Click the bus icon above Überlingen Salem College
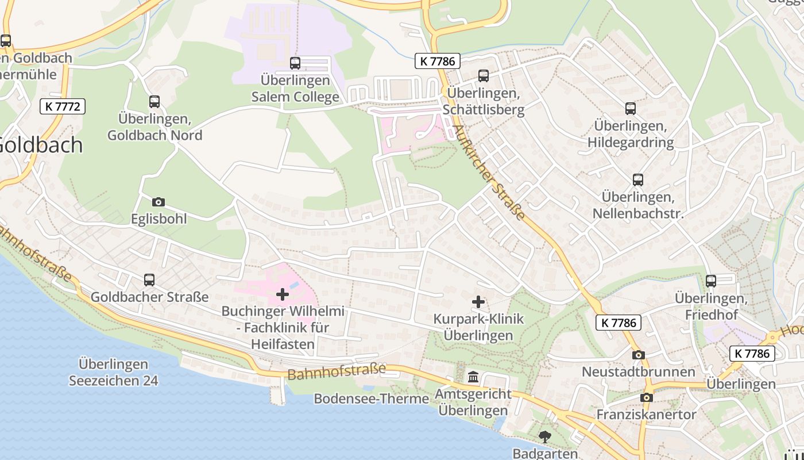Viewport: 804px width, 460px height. pyautogui.click(x=295, y=63)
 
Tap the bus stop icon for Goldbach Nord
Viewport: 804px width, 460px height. pyautogui.click(x=154, y=102)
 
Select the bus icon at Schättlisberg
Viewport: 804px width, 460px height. pyautogui.click(x=484, y=75)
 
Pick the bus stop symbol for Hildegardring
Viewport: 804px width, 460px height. pyautogui.click(x=631, y=108)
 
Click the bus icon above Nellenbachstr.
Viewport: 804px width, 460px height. pyautogui.click(x=637, y=180)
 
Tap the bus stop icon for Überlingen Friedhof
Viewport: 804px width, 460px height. pyautogui.click(x=711, y=281)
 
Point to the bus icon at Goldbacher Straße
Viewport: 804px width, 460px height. pyautogui.click(x=149, y=280)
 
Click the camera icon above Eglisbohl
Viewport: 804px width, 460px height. pyautogui.click(x=159, y=202)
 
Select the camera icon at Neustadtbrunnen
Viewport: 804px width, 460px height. pyautogui.click(x=639, y=355)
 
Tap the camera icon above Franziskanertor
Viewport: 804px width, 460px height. pyautogui.click(x=647, y=397)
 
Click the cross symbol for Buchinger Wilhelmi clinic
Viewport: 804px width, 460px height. pyautogui.click(x=283, y=294)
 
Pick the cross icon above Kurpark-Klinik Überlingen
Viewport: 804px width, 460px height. pyautogui.click(x=478, y=301)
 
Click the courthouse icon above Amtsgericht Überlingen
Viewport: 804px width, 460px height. pyautogui.click(x=473, y=377)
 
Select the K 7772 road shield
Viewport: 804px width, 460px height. pyautogui.click(x=63, y=106)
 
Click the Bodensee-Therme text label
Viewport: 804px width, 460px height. pyautogui.click(x=372, y=398)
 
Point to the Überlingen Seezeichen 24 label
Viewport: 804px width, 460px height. pyautogui.click(x=113, y=372)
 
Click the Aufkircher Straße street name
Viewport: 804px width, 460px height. pyautogui.click(x=489, y=173)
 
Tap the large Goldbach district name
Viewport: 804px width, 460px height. pyautogui.click(x=40, y=144)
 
